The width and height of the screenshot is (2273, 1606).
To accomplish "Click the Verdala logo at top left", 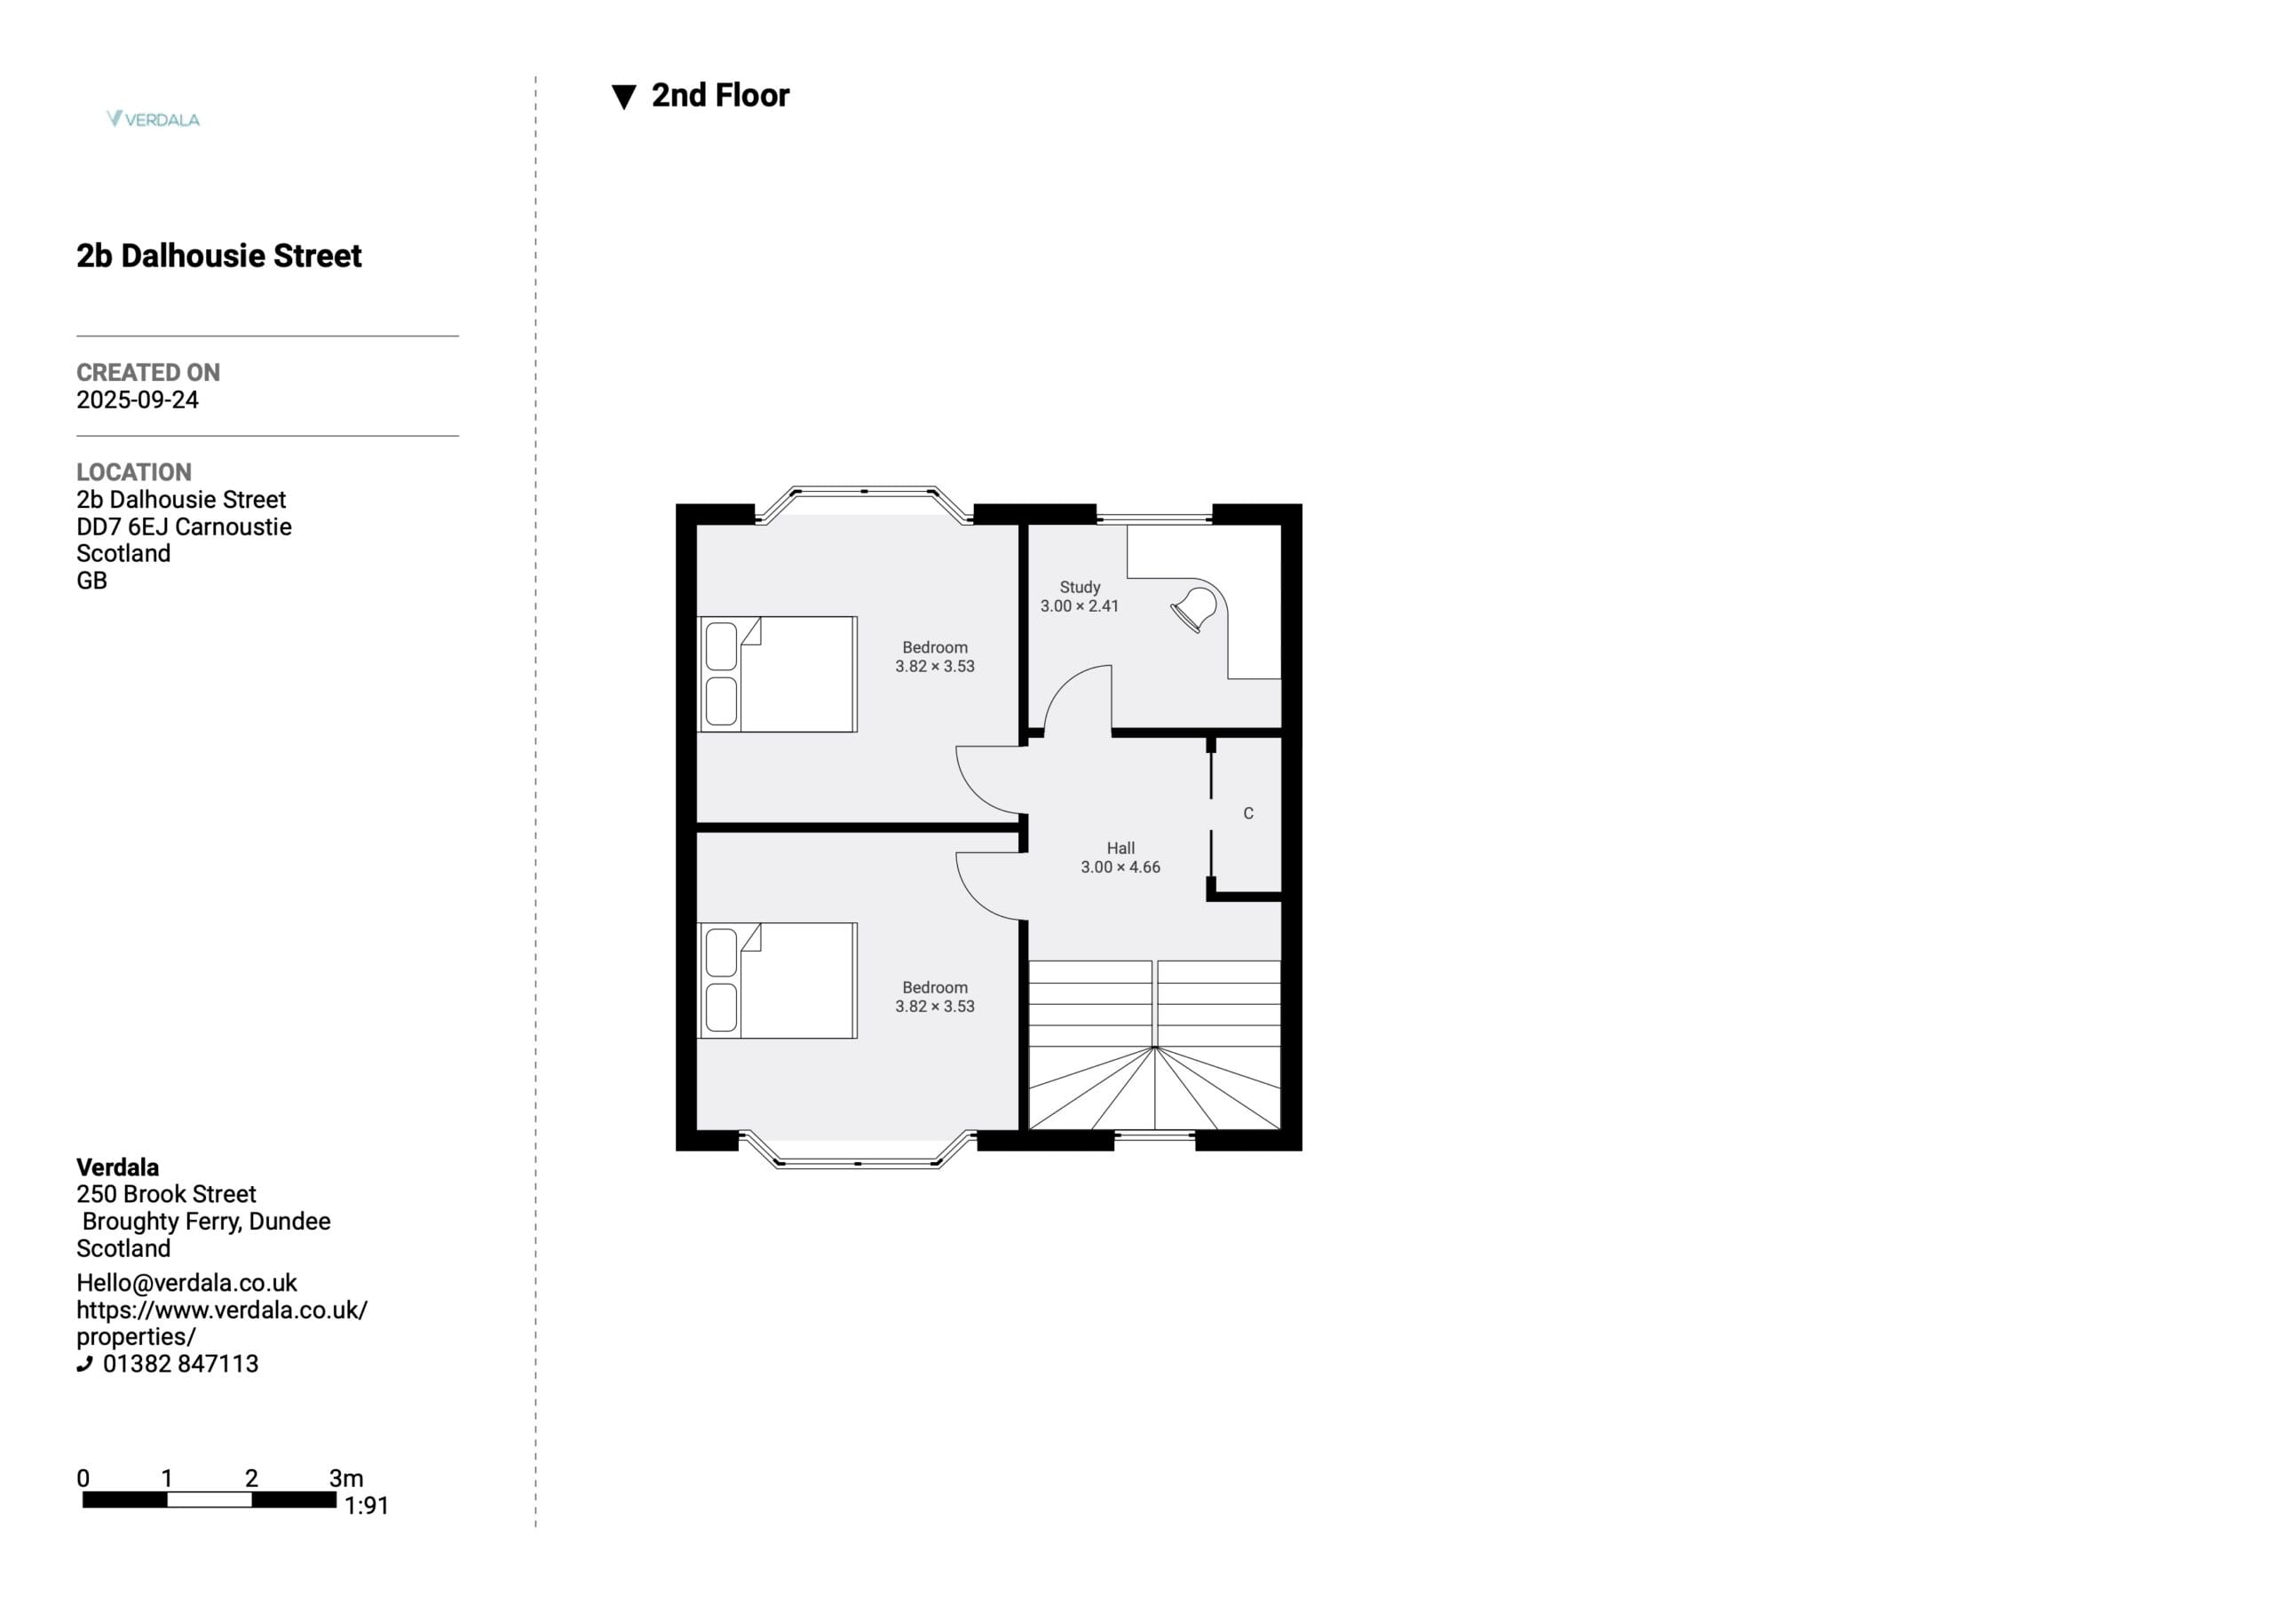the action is [x=154, y=119].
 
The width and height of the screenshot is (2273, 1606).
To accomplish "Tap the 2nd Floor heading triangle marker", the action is [x=623, y=97].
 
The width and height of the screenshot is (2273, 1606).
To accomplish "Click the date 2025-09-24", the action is [x=138, y=400].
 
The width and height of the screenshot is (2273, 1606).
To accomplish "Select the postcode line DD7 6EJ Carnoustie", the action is [x=184, y=526].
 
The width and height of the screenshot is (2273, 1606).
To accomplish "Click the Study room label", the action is [x=1079, y=587].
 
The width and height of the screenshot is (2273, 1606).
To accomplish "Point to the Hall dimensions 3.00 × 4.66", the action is [x=1121, y=867].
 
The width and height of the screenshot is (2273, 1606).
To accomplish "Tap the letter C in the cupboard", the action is [x=1248, y=813].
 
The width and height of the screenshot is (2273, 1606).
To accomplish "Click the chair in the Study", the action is [x=1194, y=609].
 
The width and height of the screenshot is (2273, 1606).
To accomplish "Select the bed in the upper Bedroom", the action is [x=777, y=675].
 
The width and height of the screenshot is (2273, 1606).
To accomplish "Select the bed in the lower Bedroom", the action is [x=777, y=980].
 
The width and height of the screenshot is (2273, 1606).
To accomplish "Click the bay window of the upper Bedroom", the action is [x=864, y=492].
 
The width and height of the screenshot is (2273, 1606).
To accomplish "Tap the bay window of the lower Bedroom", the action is [x=858, y=1162].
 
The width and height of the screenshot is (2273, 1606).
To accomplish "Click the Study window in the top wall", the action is [x=1154, y=517].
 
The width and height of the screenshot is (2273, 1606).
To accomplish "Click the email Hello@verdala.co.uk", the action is [x=186, y=1283].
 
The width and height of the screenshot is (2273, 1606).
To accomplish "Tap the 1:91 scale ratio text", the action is [x=367, y=1506].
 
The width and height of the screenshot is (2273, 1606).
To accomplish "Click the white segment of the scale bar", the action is [x=210, y=1499].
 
